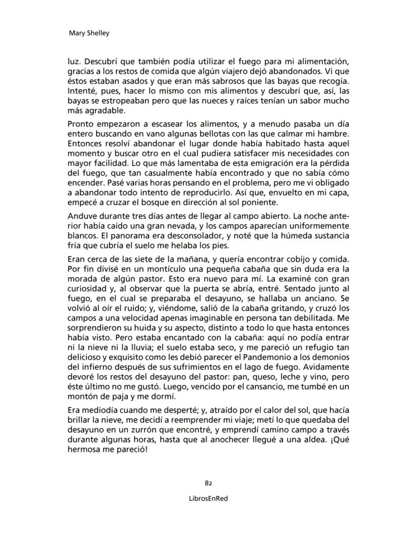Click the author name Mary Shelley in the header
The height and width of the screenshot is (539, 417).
[89, 33]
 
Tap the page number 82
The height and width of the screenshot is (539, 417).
[208, 483]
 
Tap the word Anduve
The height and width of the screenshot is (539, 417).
[81, 216]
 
